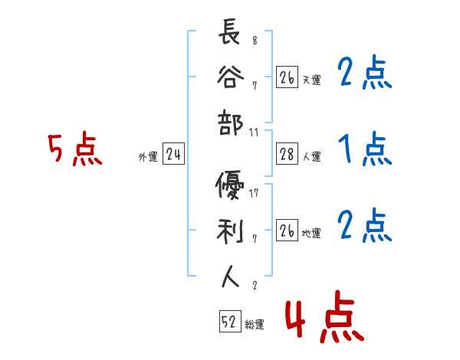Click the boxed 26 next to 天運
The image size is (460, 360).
[287, 78]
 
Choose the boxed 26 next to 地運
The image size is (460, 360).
[287, 231]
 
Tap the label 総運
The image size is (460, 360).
[255, 325]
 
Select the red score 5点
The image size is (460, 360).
[74, 150]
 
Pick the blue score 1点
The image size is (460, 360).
[364, 149]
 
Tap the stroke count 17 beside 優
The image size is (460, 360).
[254, 193]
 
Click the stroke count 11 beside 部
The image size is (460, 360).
[254, 132]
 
